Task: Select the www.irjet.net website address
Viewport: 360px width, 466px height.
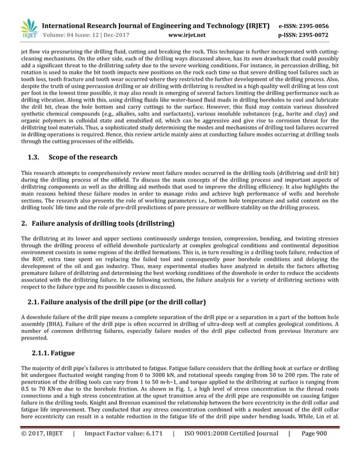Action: tap(186, 35)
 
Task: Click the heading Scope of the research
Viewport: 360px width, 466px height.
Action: tap(84, 157)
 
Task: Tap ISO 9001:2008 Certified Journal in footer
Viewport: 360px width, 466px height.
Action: tap(232, 449)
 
